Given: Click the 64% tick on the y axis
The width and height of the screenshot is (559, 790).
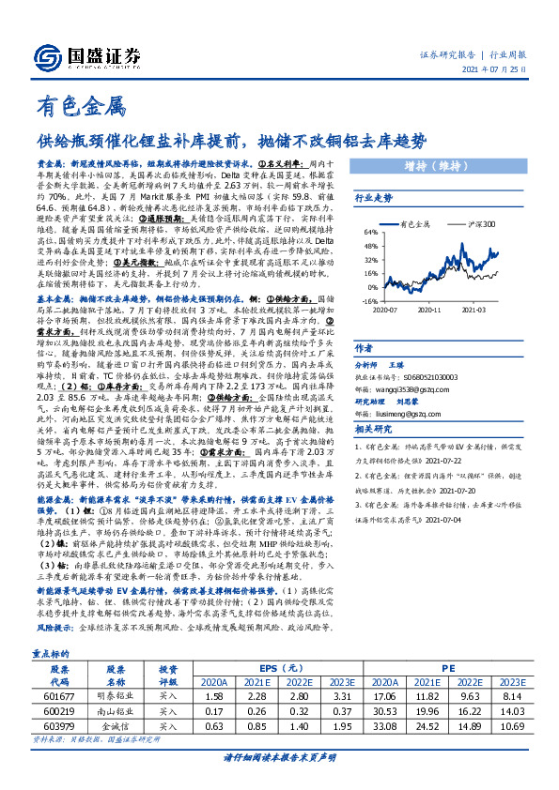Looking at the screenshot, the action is pos(370,232).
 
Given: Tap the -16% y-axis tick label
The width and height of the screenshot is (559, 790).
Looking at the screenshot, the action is pos(368,302).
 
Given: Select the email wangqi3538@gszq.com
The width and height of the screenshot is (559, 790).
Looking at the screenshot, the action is pos(412,352).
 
